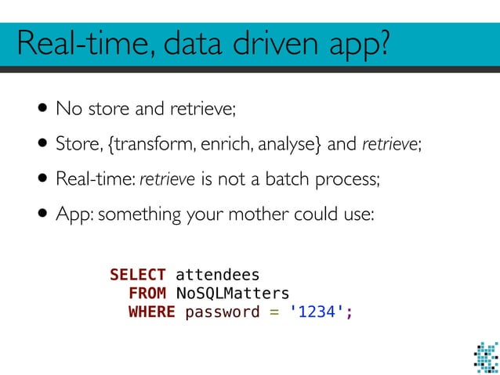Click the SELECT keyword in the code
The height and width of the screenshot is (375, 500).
tap(137, 275)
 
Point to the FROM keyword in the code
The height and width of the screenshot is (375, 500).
tap(147, 294)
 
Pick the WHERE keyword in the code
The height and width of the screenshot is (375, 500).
tap(151, 312)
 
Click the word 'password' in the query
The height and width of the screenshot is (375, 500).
tap(222, 312)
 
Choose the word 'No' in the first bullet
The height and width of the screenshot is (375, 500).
tap(65, 109)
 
